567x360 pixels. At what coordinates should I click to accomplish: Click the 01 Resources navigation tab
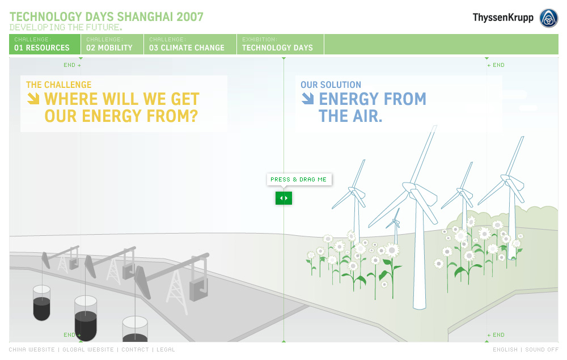45,44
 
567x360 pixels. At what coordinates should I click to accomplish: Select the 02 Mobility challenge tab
112,44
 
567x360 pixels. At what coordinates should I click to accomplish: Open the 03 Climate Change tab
190,44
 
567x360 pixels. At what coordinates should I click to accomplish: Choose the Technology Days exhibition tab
280,44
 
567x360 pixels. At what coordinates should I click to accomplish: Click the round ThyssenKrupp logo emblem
548,18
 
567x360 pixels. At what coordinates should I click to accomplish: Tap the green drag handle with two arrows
283,198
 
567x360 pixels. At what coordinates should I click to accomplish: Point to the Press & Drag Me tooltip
299,180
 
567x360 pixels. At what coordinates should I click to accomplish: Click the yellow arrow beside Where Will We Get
33,99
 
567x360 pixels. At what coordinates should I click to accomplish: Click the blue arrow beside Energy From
308,99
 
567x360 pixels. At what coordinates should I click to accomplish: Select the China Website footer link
32,350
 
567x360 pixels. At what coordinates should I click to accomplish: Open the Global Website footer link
88,350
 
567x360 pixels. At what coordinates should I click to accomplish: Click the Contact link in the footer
136,350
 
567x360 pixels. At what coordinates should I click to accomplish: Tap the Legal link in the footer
166,350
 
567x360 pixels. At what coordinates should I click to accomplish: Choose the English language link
505,350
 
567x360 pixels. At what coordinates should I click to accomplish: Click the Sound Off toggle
541,350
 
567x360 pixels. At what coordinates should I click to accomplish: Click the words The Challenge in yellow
58,85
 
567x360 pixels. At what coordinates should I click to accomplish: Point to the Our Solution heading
331,85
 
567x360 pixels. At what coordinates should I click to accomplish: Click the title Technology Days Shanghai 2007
107,16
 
